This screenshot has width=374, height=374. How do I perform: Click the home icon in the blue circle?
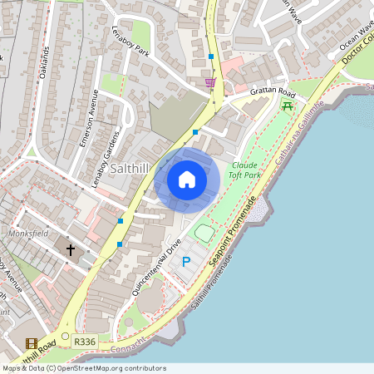click(187, 179)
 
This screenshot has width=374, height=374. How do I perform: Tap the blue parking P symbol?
click(186, 262)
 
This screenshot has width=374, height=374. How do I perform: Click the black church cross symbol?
click(71, 249)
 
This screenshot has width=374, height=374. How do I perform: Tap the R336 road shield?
click(84, 341)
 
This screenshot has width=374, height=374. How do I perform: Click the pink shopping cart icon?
click(210, 82)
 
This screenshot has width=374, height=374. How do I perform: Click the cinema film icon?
click(32, 343)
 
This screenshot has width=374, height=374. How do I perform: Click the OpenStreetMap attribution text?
click(83, 368)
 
